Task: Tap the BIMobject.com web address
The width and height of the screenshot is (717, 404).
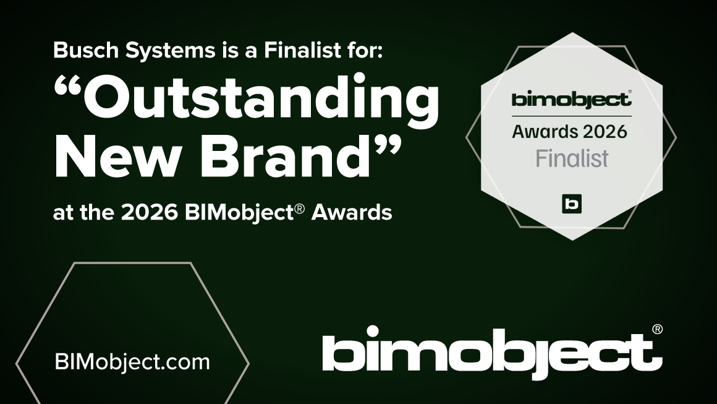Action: (x=132, y=362)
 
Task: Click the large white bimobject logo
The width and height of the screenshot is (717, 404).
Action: (x=488, y=355)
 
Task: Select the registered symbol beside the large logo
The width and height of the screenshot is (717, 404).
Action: (x=657, y=329)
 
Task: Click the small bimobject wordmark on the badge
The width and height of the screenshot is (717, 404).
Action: (x=570, y=99)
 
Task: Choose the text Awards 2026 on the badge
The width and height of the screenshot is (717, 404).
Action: (x=569, y=131)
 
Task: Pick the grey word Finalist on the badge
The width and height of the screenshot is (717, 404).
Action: (x=572, y=158)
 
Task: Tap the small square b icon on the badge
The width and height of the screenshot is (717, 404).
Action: (x=572, y=204)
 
